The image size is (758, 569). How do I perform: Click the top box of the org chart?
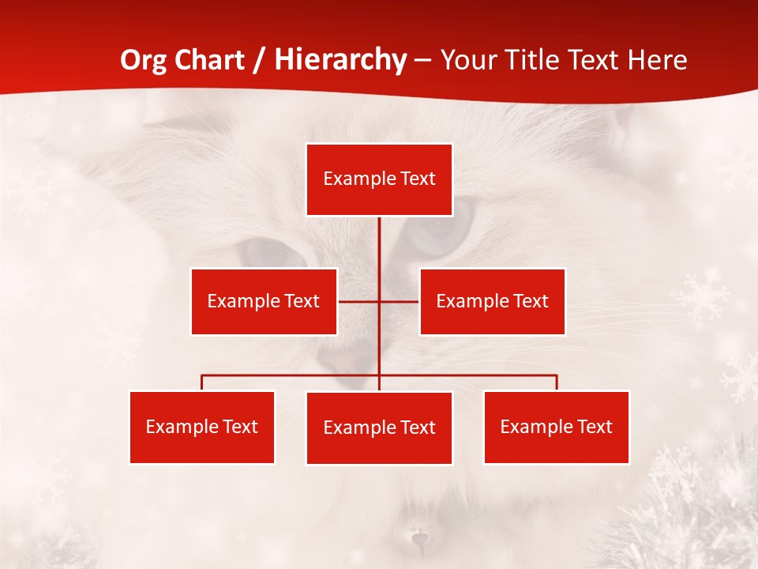coord(379,179)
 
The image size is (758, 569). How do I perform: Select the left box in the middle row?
coord(264,301)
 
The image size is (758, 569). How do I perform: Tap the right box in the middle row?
coord(492,301)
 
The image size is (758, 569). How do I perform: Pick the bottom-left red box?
coord(201,427)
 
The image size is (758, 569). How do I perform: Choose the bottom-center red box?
coord(379,428)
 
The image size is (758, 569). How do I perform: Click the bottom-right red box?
coord(556,427)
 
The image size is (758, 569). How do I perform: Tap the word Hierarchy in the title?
coord(340,60)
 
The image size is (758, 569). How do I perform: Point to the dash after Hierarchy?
coord(422,61)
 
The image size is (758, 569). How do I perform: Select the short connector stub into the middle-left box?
coord(358,301)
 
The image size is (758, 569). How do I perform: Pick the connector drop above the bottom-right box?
coord(556,382)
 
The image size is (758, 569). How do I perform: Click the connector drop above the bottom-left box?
coord(201,382)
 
